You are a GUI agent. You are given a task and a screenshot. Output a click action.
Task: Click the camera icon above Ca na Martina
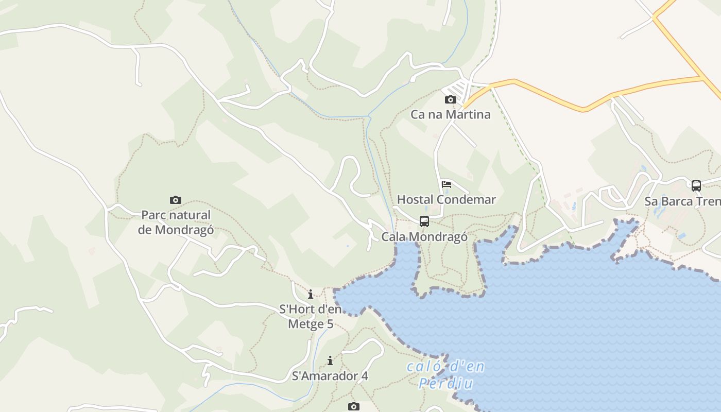click(451, 99)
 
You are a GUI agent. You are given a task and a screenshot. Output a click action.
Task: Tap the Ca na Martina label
click(450, 114)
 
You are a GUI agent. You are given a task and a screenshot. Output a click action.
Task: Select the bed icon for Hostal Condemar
click(447, 184)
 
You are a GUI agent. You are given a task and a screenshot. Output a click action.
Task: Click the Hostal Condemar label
click(446, 199)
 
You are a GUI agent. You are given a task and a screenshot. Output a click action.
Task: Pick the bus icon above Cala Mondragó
click(424, 221)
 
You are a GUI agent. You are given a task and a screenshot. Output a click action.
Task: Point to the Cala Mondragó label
click(424, 237)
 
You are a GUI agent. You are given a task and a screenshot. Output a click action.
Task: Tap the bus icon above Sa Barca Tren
click(696, 185)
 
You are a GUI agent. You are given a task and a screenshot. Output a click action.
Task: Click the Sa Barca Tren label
click(682, 201)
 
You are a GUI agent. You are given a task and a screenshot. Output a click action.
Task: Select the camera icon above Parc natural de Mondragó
click(176, 200)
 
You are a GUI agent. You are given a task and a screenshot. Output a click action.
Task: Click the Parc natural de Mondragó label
click(176, 222)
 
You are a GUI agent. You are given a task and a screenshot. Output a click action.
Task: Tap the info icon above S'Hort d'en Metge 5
click(311, 295)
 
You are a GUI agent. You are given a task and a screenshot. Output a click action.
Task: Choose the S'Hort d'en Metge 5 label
click(311, 317)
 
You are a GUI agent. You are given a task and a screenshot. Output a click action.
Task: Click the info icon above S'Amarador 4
click(330, 360)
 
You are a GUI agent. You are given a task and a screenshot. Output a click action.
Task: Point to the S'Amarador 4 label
click(330, 376)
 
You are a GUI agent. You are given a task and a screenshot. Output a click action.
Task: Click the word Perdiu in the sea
click(446, 384)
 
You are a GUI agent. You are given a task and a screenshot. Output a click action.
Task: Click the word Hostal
click(414, 199)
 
